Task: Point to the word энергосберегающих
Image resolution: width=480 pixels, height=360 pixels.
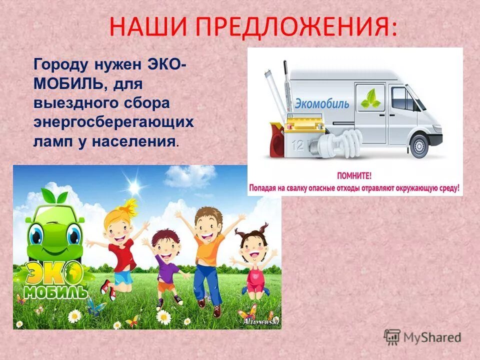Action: point(113,122)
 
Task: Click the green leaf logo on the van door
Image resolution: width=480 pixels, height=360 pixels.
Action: point(370,98)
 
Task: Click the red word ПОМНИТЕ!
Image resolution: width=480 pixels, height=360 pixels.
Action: point(355,176)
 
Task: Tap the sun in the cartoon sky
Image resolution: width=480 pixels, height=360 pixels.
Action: point(134,187)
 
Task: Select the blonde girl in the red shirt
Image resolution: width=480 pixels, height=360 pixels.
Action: point(120,245)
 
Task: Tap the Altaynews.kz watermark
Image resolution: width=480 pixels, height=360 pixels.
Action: point(259,320)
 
